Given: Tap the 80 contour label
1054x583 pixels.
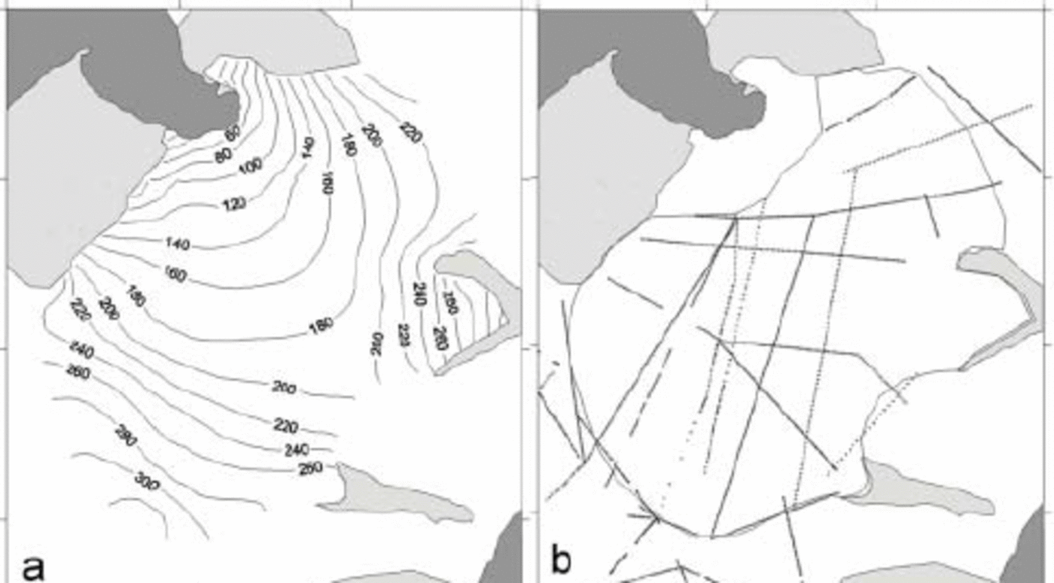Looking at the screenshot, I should point(224,156).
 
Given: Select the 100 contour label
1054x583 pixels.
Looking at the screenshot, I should point(250,166).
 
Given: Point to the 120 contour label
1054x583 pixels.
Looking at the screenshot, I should point(234,203).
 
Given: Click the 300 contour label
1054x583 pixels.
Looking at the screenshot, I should point(147,480).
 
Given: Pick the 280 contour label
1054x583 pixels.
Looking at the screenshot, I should point(125,435).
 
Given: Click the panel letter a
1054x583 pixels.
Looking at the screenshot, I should point(33,565).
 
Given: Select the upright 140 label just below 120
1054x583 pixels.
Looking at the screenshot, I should point(178,243).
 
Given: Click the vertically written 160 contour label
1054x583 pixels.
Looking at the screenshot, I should point(327,181).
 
